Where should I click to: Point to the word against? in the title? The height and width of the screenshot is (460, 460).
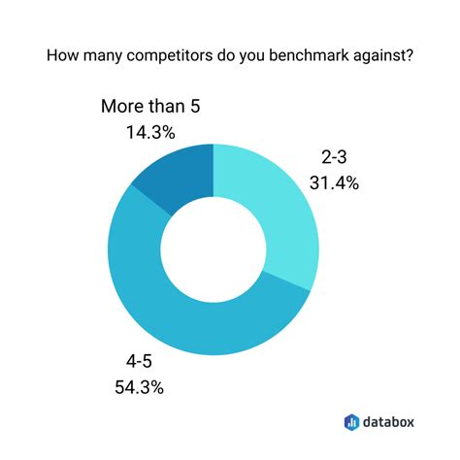tap(387, 56)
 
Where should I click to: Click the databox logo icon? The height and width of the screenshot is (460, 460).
tap(351, 421)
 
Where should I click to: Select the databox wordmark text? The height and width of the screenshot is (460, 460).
tap(388, 421)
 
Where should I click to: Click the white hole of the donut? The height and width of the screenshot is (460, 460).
tap(213, 248)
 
